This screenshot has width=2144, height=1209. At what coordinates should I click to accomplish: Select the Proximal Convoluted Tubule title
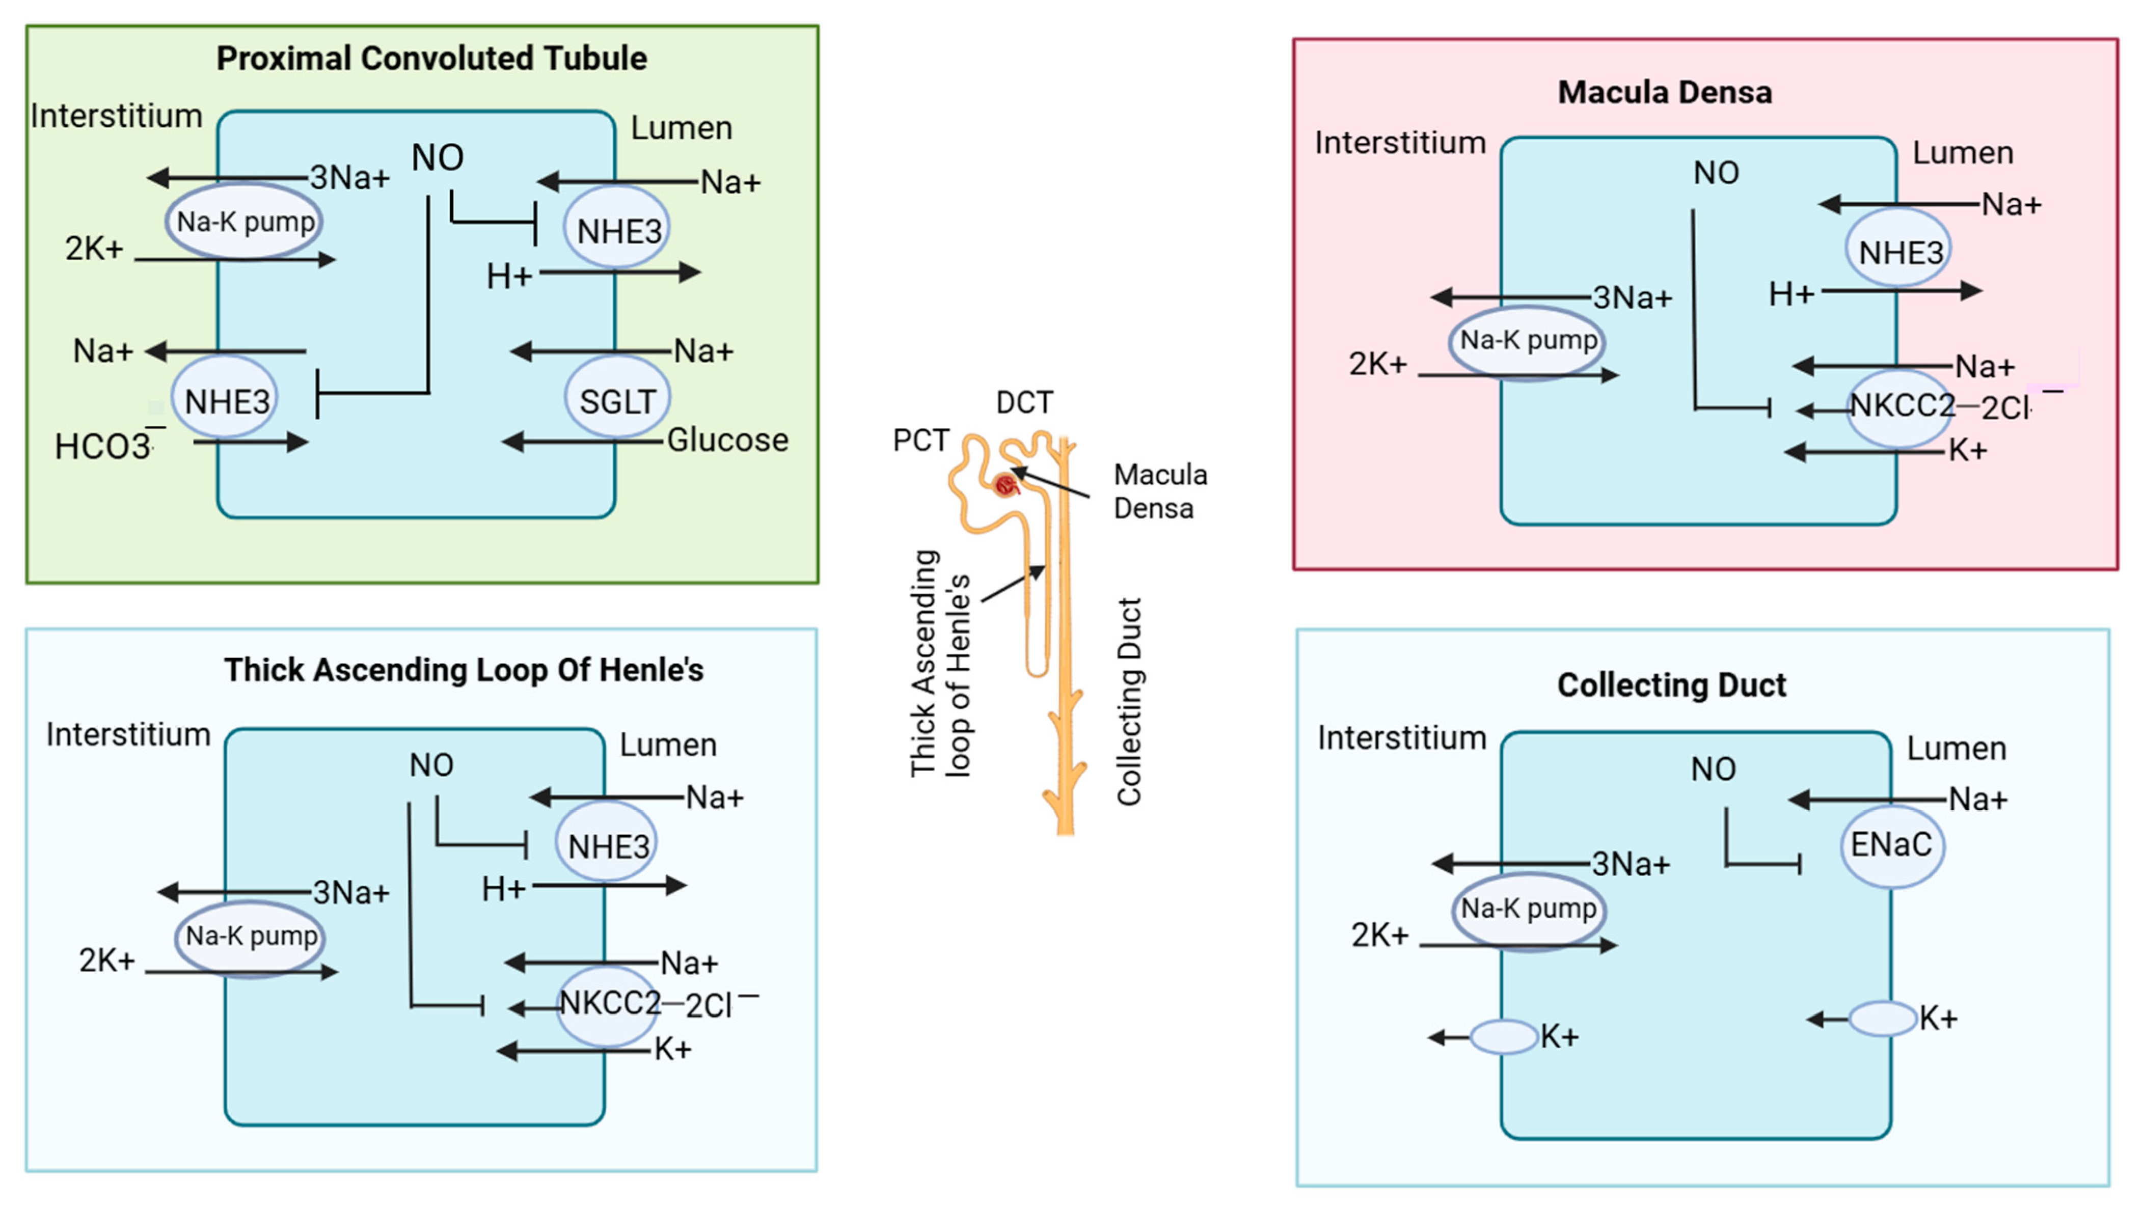click(x=431, y=58)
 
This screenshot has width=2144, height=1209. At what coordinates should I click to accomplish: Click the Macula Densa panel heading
click(x=1665, y=92)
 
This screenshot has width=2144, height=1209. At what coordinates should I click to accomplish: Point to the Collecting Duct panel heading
click(x=1671, y=685)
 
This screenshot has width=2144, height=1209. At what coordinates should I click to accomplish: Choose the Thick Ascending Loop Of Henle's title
click(x=464, y=670)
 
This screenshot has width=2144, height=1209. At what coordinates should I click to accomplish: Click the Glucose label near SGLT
click(x=727, y=439)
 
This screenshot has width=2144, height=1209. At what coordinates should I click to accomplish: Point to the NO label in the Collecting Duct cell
click(x=1713, y=769)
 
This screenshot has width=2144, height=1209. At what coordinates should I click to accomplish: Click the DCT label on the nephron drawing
click(x=1024, y=403)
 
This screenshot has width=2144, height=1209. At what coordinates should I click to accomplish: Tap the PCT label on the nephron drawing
click(x=920, y=439)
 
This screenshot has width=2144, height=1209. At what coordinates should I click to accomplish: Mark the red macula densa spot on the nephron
click(x=1006, y=483)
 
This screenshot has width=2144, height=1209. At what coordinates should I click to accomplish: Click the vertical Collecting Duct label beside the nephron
click(x=1129, y=701)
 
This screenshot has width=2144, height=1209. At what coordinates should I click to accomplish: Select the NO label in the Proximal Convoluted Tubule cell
click(x=437, y=157)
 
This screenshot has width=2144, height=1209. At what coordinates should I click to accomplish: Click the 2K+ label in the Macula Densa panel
click(x=1377, y=364)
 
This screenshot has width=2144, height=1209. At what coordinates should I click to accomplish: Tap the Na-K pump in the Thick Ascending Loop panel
click(x=251, y=936)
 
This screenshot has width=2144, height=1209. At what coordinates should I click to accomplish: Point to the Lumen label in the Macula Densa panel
click(x=1962, y=153)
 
